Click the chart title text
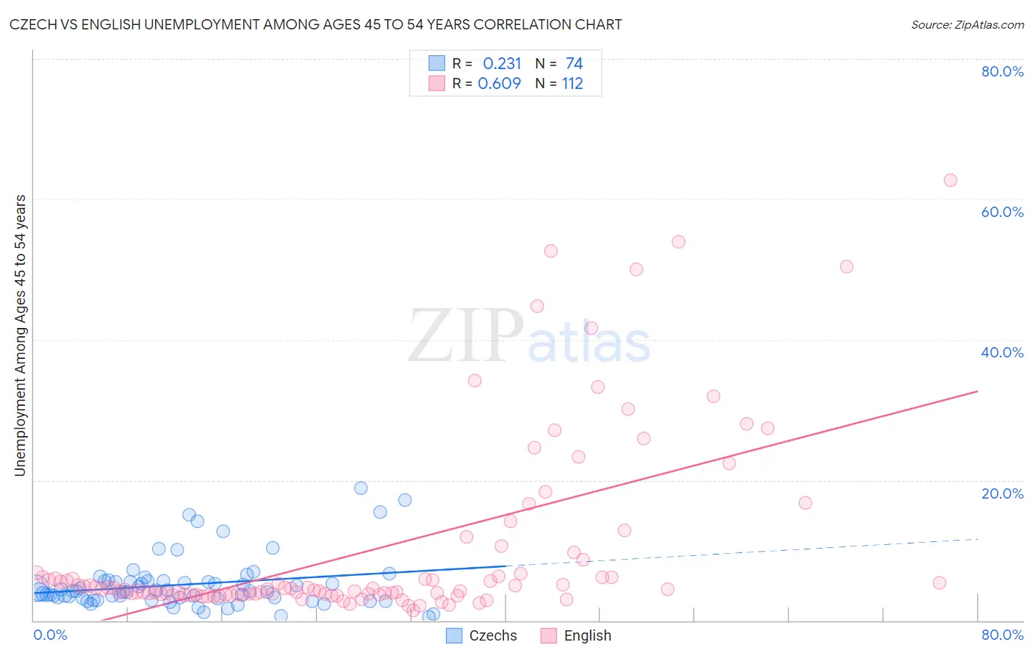click(x=316, y=24)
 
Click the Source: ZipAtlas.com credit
click(x=967, y=24)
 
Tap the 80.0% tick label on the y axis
click(x=1002, y=71)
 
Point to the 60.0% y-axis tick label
click(x=1002, y=212)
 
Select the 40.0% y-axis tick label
click(x=1002, y=352)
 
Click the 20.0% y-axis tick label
click(x=1002, y=493)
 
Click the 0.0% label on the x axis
click(x=50, y=635)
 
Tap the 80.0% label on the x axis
click(x=1002, y=635)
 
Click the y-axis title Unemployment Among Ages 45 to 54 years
click(x=21, y=335)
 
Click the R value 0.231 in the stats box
click(x=502, y=63)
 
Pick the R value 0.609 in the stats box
click(x=500, y=83)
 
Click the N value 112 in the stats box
click(x=572, y=83)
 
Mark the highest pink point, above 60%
click(x=950, y=180)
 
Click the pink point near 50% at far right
click(x=846, y=266)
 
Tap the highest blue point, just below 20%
click(x=361, y=488)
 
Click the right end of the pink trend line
click(x=978, y=391)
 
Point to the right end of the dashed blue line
click(x=978, y=539)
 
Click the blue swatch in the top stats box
click(x=436, y=63)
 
